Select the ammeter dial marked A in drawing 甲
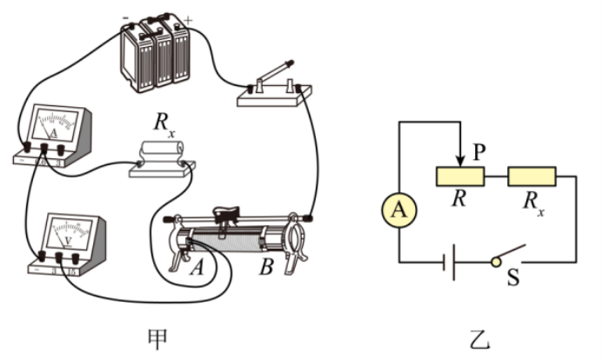tap(52, 126)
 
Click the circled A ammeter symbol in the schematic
tap(398, 210)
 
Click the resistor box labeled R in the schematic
tap(459, 177)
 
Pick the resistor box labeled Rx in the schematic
tap(532, 177)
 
